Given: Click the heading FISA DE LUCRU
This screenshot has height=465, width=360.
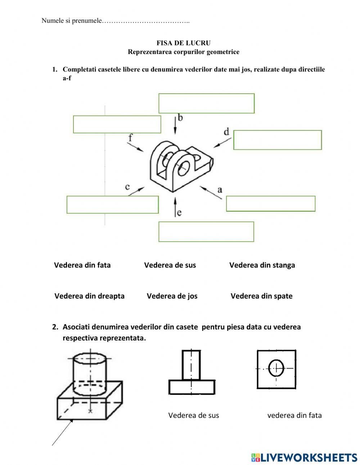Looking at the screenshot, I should (183, 43).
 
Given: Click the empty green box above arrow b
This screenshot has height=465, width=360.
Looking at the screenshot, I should (206, 103).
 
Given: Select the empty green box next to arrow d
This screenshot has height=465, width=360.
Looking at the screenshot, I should (277, 140).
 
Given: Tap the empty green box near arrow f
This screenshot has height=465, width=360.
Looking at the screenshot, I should (117, 124).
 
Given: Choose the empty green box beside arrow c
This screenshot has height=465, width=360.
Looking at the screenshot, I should (112, 205).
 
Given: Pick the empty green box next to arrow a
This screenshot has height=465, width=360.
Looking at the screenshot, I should (270, 204).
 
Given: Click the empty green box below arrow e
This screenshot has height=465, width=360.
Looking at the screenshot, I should (206, 232).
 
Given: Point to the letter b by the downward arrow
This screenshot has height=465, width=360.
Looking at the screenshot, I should (180, 117).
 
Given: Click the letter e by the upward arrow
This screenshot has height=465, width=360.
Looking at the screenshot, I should (179, 213).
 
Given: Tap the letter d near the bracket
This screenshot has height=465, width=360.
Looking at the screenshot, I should (226, 132).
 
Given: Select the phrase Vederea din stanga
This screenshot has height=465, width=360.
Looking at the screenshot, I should (262, 265).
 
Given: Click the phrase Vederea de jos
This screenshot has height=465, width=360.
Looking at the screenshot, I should (172, 296).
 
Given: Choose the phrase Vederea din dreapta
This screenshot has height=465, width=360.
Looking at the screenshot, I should (89, 296).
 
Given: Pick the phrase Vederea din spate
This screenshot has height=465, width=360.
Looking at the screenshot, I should (261, 296).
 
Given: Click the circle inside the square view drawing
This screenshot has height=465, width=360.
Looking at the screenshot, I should (276, 368).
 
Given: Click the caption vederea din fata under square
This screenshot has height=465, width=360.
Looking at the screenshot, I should (294, 415).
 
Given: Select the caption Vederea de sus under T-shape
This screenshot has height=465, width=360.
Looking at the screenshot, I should (193, 415).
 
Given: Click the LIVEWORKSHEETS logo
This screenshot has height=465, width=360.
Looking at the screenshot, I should (304, 457).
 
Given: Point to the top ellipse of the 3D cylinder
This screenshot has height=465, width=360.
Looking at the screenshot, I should (90, 359).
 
